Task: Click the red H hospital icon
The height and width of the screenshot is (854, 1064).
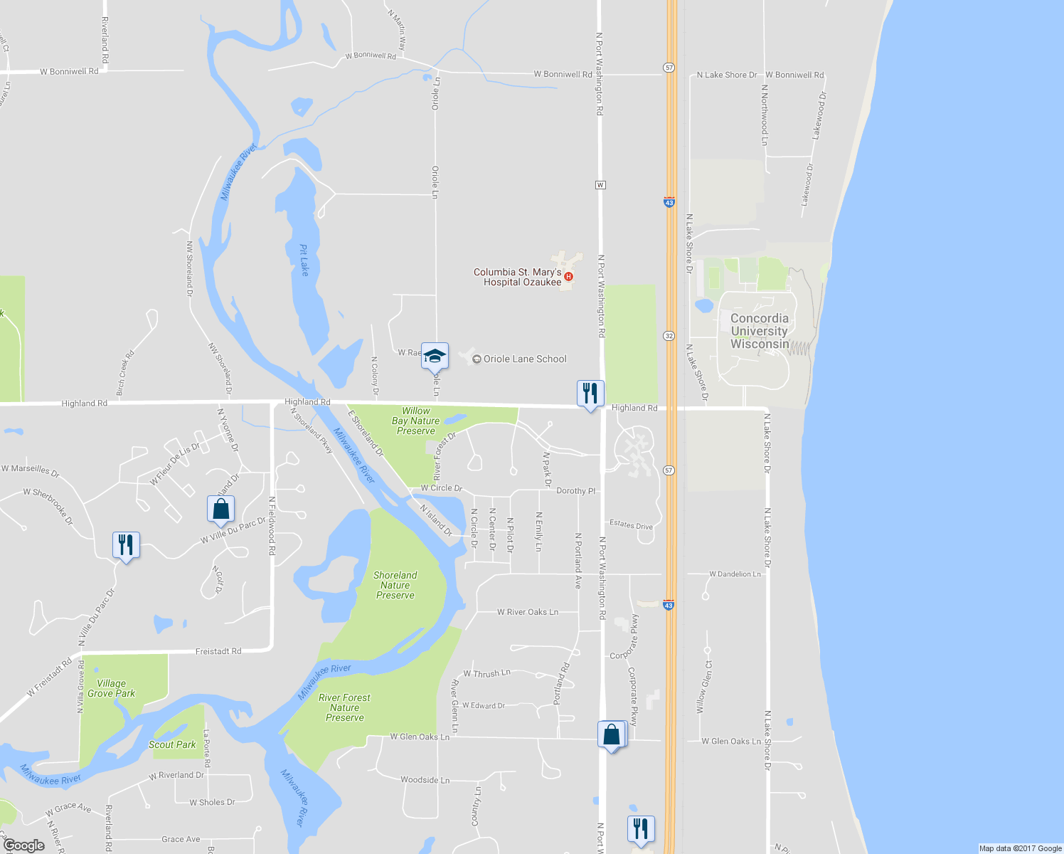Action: pos(568,277)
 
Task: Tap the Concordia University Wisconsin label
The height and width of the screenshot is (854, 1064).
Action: pos(760,332)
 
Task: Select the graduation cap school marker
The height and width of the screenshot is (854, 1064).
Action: pos(435,356)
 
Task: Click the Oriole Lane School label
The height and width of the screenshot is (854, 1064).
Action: pos(525,359)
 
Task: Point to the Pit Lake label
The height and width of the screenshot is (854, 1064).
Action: pos(304,260)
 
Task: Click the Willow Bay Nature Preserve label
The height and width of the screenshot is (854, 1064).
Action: pos(416,421)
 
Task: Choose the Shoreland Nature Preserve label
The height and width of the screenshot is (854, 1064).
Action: pos(395,585)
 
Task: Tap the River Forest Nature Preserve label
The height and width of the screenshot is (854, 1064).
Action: pos(345,707)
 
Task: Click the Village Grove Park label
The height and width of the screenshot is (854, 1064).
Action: pos(111,688)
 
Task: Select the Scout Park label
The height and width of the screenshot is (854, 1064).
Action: pos(172,744)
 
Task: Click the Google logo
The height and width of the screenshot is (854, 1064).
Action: pos(24,845)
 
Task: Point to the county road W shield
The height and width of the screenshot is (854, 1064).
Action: pos(600,185)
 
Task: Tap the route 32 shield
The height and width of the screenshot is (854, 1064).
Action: pos(669,336)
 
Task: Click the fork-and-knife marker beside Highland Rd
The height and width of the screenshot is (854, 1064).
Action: pos(590,394)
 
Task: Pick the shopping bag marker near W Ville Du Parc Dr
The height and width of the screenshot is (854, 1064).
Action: pos(220,509)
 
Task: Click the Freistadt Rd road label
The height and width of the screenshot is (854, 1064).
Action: pos(218,651)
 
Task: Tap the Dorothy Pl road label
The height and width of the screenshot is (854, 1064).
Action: pos(575,491)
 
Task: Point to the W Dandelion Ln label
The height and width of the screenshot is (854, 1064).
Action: pos(735,574)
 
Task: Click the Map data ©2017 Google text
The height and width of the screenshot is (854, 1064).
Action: pos(1020,848)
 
